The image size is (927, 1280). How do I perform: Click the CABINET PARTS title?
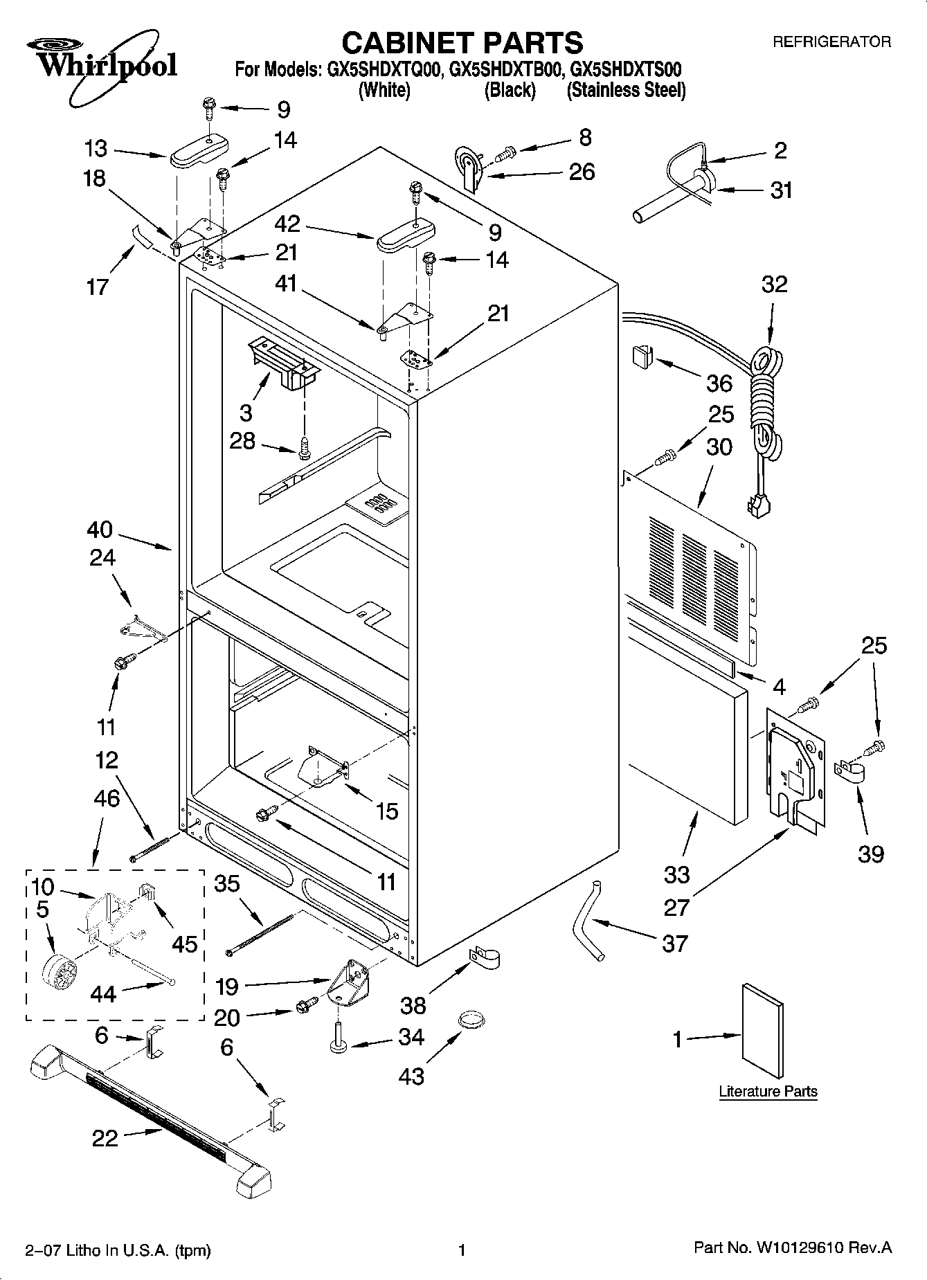462,43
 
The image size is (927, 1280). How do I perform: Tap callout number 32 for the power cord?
774,285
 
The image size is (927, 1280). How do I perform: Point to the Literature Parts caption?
768,1092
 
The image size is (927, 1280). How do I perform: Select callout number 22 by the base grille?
105,1138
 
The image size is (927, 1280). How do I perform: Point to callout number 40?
100,530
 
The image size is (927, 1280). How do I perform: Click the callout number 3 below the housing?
246,413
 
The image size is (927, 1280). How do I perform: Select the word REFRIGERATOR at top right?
831,42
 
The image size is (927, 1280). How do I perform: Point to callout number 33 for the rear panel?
676,874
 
